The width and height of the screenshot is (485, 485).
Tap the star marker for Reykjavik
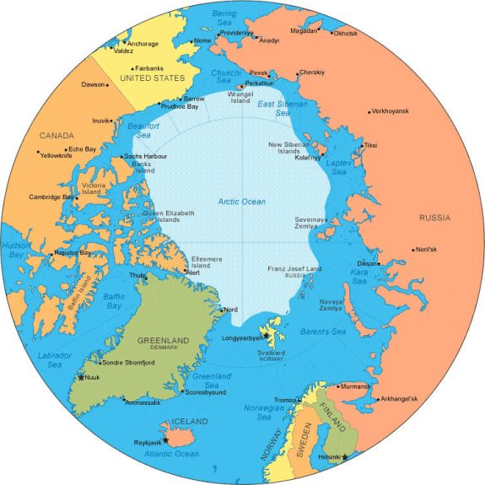click(x=166, y=439)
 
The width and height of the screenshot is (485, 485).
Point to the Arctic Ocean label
click(x=241, y=202)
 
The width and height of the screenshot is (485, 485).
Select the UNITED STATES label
click(x=152, y=78)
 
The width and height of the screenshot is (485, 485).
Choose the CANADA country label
click(x=57, y=135)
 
